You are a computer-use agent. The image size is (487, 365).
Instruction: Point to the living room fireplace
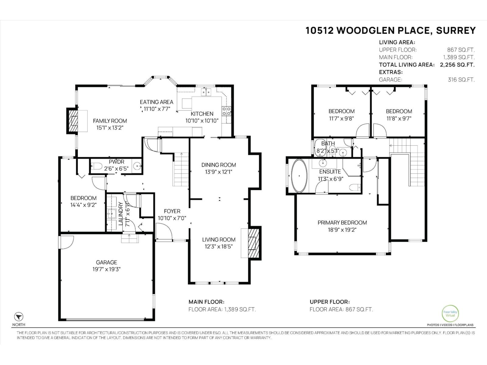coord(252,243)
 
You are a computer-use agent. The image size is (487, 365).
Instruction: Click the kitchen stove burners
coord(226,111)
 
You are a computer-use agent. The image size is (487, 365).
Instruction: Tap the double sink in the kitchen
coord(206,92)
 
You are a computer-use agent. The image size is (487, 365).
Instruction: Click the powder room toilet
coord(96,166)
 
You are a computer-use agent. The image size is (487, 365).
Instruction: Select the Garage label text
coord(107,262)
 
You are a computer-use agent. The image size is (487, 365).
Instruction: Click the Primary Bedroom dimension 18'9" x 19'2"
coord(342,230)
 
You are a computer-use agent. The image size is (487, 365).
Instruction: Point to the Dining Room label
coord(219,165)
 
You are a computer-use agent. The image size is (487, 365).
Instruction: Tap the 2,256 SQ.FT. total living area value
coord(457,65)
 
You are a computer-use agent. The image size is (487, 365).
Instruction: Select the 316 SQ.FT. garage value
coord(461,80)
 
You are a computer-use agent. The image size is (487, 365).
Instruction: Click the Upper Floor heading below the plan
coord(329,302)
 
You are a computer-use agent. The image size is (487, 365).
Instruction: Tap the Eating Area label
coord(156,102)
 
